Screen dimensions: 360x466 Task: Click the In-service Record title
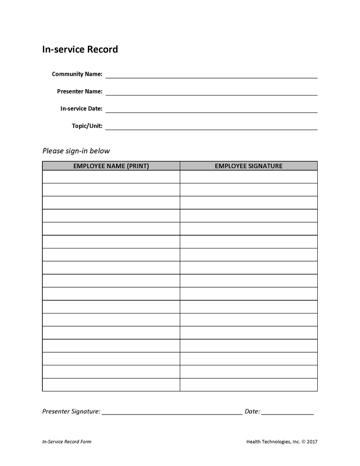(x=80, y=49)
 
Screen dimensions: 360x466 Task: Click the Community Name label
(x=77, y=74)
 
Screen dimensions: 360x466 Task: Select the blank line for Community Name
(x=211, y=76)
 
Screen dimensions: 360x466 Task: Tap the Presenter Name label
(x=80, y=91)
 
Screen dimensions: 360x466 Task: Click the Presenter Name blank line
(x=211, y=93)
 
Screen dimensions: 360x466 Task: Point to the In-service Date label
(x=81, y=109)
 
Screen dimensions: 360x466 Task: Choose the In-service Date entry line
(x=211, y=110)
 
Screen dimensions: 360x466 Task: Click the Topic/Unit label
(x=87, y=126)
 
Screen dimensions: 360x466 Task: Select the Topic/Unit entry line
(x=211, y=127)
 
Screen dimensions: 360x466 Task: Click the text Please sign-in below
(x=76, y=151)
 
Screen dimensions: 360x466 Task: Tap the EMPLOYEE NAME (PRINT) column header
(x=111, y=166)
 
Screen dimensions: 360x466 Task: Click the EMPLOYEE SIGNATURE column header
(x=248, y=166)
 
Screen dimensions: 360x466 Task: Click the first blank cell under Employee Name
(x=111, y=177)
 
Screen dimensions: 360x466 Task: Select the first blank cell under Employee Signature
(x=248, y=177)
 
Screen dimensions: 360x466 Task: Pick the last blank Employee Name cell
(x=111, y=385)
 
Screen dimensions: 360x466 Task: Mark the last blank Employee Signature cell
(x=248, y=385)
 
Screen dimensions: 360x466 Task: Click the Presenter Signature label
(x=71, y=411)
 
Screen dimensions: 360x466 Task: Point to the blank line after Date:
(x=287, y=412)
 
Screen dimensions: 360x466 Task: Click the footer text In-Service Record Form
(x=66, y=441)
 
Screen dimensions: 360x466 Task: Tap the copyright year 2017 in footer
(x=312, y=441)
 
